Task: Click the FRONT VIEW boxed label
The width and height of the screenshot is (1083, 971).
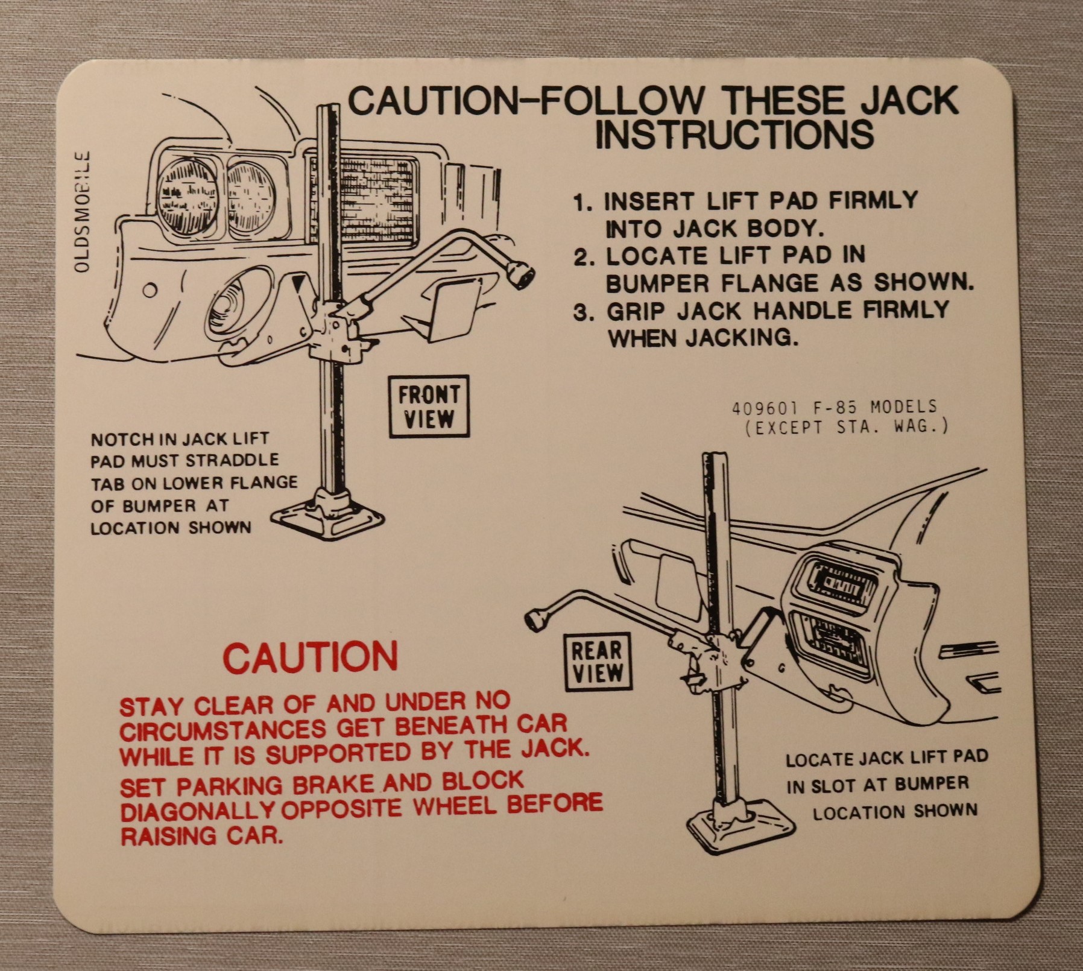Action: (x=428, y=406)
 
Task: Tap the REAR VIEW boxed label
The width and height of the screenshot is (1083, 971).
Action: (x=596, y=661)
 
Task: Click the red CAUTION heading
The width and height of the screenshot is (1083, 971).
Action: (x=311, y=657)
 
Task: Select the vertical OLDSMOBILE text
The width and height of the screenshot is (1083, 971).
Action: (x=83, y=212)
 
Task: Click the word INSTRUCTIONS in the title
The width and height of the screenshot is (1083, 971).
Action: (x=734, y=134)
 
